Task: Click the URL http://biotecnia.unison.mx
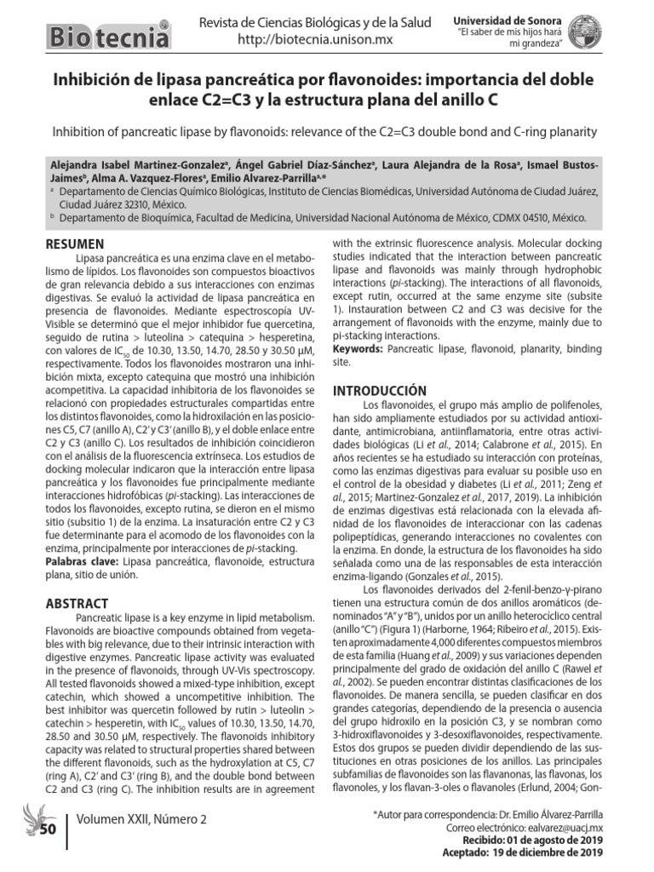[x=314, y=40]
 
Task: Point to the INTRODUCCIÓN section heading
[x=379, y=389]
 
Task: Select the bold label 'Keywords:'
[x=358, y=349]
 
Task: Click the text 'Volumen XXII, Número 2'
[x=141, y=819]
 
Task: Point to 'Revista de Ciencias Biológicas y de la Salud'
[x=315, y=23]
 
